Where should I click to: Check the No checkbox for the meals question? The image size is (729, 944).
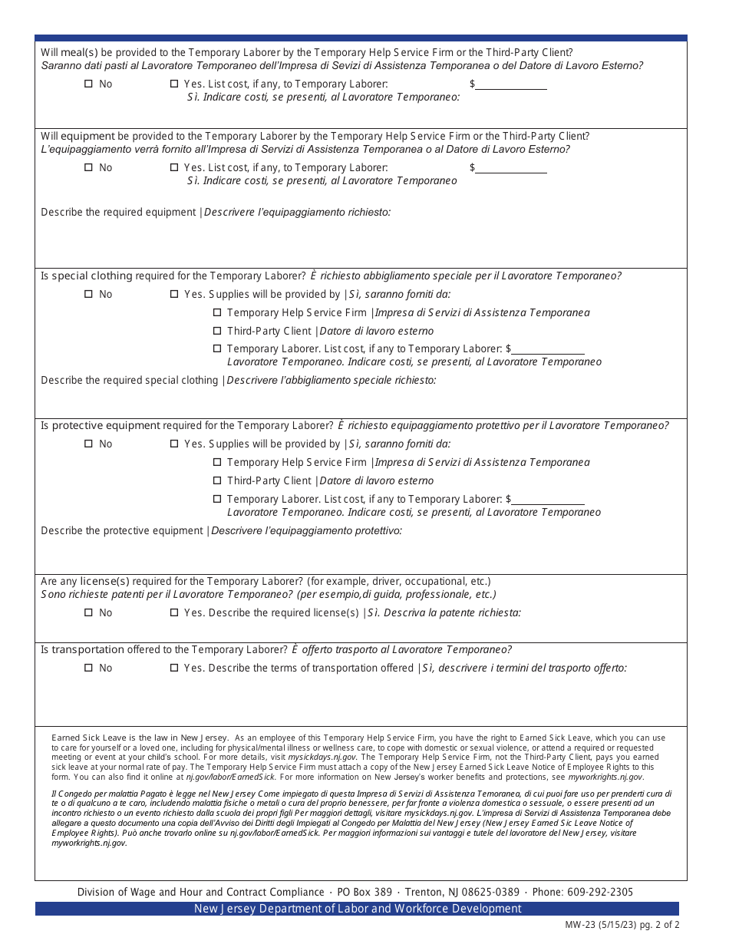tap(88, 84)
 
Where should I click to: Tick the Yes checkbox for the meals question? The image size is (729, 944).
tap(173, 84)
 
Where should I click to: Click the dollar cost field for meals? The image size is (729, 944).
tap(511, 84)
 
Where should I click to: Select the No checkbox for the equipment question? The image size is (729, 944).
tap(88, 168)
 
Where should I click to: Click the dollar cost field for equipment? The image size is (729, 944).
tap(511, 168)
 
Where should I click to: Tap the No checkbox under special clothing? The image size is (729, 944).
tap(88, 295)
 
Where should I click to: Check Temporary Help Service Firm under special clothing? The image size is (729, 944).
tap(217, 313)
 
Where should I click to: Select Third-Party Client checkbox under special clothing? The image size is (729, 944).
tap(217, 332)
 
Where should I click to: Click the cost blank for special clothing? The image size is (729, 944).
tap(548, 349)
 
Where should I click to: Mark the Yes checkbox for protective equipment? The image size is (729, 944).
tap(173, 444)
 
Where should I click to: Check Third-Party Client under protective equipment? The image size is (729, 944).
tap(217, 481)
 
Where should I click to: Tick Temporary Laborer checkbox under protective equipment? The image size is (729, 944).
tap(217, 500)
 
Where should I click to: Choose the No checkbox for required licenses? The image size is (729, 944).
tap(88, 613)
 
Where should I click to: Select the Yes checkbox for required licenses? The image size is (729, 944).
tap(173, 613)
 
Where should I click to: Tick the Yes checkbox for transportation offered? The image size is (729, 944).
tap(173, 668)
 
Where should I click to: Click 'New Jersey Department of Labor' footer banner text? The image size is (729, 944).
tap(358, 909)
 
